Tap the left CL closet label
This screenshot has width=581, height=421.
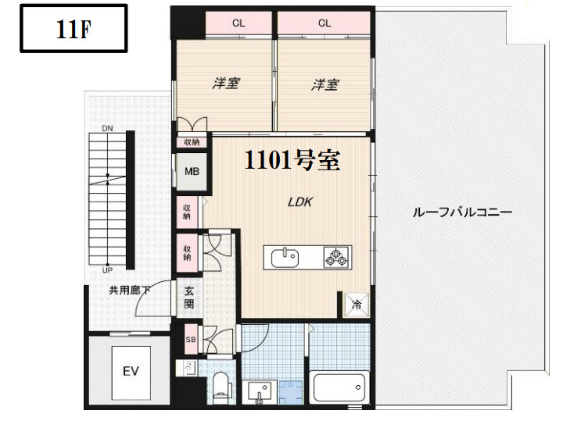coord(238,23)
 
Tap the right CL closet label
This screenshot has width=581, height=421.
coord(325,23)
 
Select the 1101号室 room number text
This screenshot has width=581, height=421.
coord(292,161)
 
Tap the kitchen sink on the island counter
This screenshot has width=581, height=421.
coord(285,255)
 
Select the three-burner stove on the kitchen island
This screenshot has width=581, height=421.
coord(337,255)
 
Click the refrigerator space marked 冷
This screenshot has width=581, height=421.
coord(356,304)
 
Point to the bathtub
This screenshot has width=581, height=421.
coord(339,387)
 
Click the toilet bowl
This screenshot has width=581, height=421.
coord(221,384)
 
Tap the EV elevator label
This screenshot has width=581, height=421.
coord(130,371)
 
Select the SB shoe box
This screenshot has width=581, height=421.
coord(190,340)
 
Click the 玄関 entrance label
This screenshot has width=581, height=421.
coord(190,298)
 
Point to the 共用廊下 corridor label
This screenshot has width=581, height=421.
coord(130,291)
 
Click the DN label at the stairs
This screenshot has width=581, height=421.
coord(107,127)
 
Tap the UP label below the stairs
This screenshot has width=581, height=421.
coord(107,270)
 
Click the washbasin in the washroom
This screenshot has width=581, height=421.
coord(258,391)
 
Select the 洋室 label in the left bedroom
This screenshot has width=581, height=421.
coord(225,84)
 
